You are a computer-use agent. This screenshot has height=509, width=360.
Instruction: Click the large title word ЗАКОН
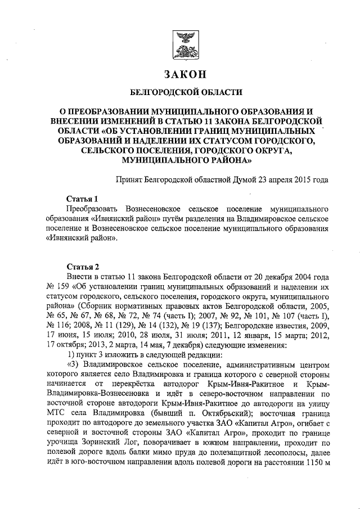(x=185, y=74)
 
